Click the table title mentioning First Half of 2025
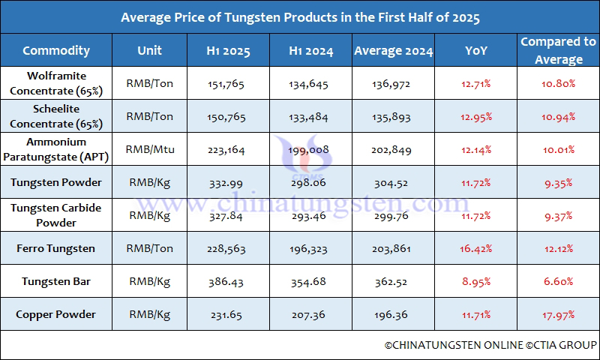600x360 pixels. point(300,16)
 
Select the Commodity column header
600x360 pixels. point(56,51)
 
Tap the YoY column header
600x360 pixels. point(475,51)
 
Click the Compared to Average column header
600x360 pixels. point(558,50)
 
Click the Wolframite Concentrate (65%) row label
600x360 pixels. point(56,83)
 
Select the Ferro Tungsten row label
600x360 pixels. point(56,248)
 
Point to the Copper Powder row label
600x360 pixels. point(56,314)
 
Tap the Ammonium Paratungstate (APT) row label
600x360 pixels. point(56,148)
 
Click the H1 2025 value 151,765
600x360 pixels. point(229,84)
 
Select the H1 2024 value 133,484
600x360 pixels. point(309,117)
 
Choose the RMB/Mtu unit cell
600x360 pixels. point(150,149)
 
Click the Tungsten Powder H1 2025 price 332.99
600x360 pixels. point(229,182)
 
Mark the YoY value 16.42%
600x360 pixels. point(475,248)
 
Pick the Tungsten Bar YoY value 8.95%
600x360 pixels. point(475,281)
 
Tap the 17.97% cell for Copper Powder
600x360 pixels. point(558,314)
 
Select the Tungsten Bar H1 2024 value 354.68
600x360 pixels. point(309,281)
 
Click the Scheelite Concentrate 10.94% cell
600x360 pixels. point(558,117)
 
